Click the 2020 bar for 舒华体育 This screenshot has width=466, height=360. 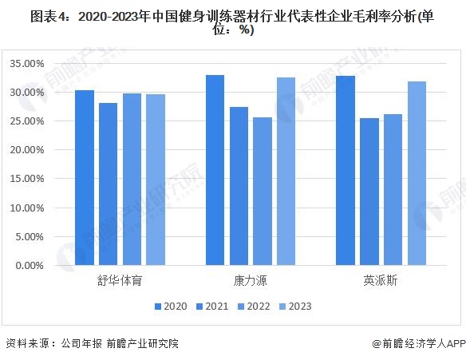[85, 177]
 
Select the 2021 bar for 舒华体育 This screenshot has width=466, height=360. [109, 184]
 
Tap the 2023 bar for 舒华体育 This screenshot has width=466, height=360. [156, 180]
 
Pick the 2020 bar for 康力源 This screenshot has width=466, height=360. [215, 170]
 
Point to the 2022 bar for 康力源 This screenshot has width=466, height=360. [263, 191]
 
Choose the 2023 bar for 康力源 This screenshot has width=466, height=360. [286, 171]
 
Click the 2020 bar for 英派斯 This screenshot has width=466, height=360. [346, 170]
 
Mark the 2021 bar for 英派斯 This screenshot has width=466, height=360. [369, 192]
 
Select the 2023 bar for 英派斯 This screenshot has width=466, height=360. [417, 173]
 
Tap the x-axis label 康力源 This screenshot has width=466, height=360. [250, 280]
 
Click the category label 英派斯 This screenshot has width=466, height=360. [381, 280]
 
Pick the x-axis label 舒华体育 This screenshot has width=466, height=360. [120, 280]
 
